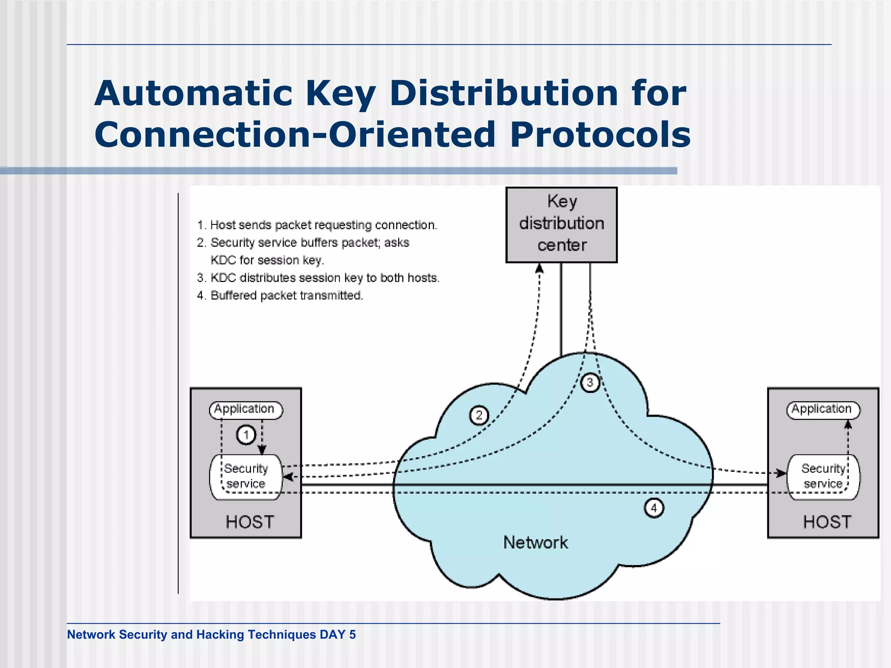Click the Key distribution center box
tap(561, 224)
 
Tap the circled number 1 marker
tap(246, 434)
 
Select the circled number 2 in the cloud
tap(479, 415)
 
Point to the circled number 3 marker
tap(590, 383)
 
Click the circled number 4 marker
tap(653, 508)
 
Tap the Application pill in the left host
tap(246, 410)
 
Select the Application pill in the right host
tap(823, 410)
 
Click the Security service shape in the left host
tap(246, 477)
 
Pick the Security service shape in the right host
tap(823, 477)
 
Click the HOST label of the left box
tap(250, 522)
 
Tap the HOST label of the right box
tap(827, 522)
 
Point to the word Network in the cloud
tap(536, 543)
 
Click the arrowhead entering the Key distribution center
tap(539, 268)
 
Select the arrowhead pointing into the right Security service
tap(782, 473)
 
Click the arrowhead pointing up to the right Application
tap(847, 424)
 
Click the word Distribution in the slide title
tap(503, 94)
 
